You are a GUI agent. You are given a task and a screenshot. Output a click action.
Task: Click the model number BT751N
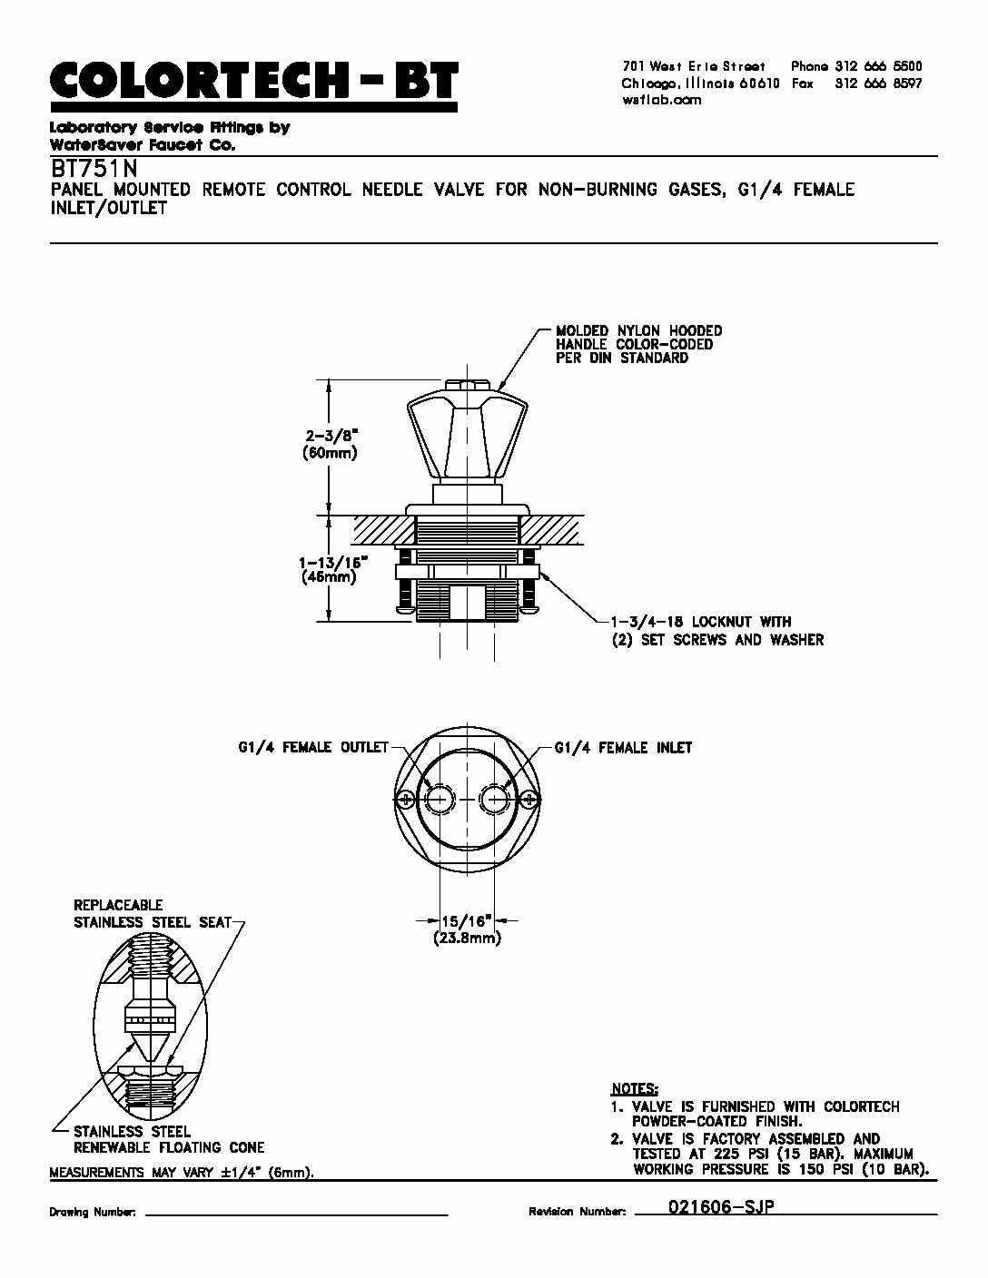pyautogui.click(x=94, y=170)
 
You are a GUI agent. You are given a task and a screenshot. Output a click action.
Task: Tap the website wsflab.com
pyautogui.click(x=661, y=100)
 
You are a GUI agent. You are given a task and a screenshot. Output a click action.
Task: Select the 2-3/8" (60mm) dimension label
pyautogui.click(x=330, y=444)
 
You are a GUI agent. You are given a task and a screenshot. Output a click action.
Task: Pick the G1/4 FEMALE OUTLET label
pyautogui.click(x=313, y=748)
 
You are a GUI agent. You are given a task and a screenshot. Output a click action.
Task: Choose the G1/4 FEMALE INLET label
pyautogui.click(x=623, y=748)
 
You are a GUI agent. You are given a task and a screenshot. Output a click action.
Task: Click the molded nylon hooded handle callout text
pyautogui.click(x=639, y=344)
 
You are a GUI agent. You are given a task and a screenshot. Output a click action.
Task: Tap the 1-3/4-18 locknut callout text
pyautogui.click(x=717, y=631)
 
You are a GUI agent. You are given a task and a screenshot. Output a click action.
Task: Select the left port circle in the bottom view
pyautogui.click(x=439, y=800)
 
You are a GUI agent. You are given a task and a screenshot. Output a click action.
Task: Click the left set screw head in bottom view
pyautogui.click(x=405, y=800)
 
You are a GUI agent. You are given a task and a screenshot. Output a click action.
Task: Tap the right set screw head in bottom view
pyautogui.click(x=529, y=800)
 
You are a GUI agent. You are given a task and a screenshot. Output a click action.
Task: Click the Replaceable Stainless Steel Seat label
pyautogui.click(x=152, y=913)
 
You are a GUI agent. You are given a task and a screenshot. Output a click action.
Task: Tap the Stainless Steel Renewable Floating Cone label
pyautogui.click(x=169, y=1139)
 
